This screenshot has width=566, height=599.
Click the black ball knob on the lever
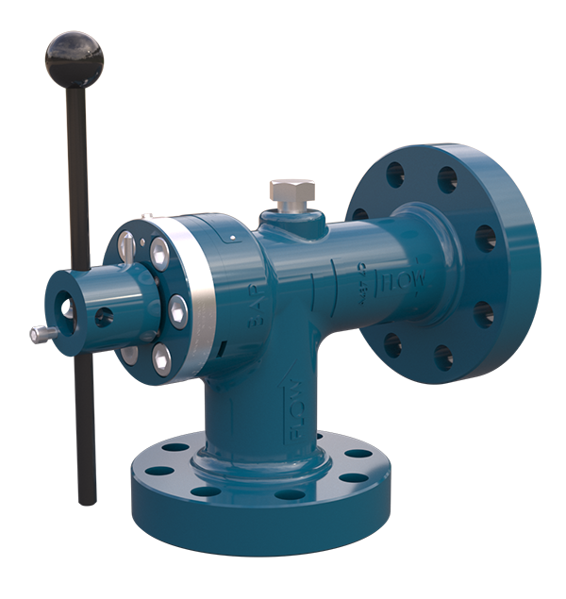75,57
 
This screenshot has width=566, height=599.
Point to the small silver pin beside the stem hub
40,333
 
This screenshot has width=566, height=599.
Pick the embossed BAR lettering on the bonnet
254,304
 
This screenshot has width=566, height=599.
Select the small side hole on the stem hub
103,317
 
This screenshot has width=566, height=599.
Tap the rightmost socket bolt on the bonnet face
177,308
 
